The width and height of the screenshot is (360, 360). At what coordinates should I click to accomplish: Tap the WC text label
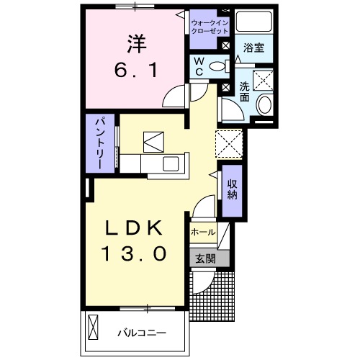coord(197,66)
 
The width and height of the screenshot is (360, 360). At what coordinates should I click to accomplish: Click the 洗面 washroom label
coord(245,91)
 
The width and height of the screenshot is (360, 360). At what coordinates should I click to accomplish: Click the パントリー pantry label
coord(102,143)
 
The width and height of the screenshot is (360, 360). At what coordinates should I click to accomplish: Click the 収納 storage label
coord(233,189)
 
